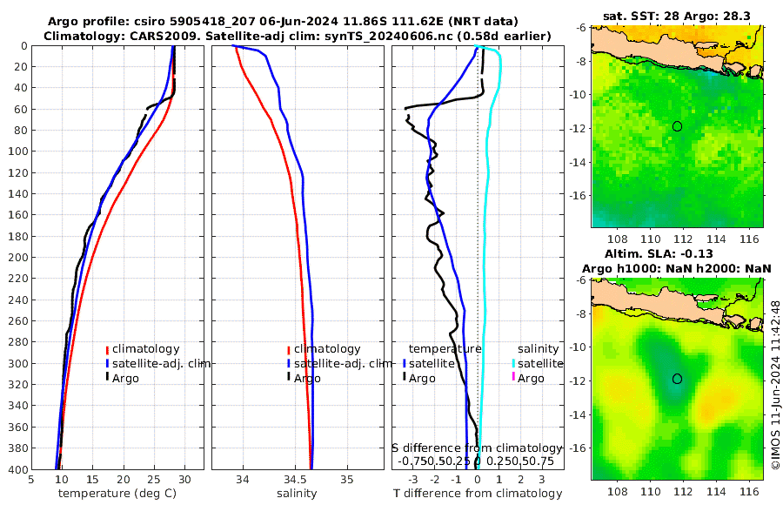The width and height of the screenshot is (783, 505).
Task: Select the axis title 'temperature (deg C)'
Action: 117,494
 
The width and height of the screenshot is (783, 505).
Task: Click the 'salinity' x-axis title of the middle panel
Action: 297,494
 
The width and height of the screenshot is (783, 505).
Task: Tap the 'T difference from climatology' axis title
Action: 477,494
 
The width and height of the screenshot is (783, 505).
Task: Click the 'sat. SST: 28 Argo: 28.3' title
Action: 677,16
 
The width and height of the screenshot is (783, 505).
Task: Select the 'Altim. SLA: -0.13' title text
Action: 677,252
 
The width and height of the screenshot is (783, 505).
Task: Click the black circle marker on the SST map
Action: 677,126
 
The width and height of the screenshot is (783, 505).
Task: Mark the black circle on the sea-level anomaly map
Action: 677,379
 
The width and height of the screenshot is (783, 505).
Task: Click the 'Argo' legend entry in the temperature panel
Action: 125,378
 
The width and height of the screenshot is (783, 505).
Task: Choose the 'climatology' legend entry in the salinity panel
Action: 326,349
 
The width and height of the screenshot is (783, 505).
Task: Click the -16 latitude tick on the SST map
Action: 580,196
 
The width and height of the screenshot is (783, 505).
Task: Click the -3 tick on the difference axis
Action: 412,479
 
